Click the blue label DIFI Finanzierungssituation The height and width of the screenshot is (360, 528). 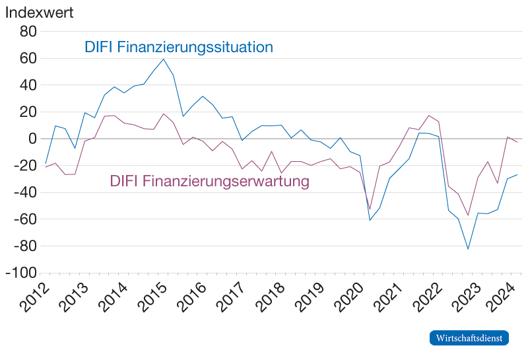click(178, 48)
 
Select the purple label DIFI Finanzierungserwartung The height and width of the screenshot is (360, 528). click(209, 181)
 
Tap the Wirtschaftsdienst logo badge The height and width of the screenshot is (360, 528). click(469, 338)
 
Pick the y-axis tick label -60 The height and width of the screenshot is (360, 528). click(24, 219)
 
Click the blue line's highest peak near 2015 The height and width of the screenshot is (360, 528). click(163, 59)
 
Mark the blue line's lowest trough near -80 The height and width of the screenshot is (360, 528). click(468, 248)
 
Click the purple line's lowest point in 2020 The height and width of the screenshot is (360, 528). click(370, 209)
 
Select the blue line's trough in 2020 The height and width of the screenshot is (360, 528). click(370, 219)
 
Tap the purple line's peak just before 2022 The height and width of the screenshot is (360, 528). click(429, 116)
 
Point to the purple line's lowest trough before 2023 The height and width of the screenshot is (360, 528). click(468, 215)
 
